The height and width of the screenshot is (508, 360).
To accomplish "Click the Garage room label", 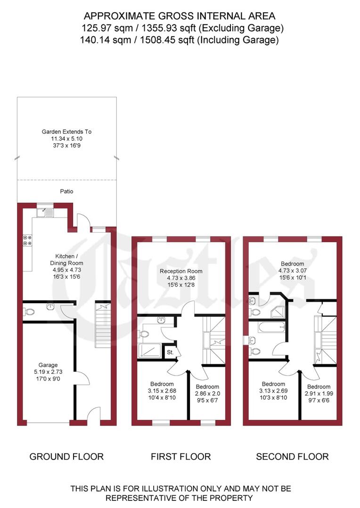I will [48, 365].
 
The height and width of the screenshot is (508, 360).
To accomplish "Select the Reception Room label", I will [181, 271].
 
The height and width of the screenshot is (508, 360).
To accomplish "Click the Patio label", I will [66, 192].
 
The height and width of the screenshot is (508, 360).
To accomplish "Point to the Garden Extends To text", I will [66, 132].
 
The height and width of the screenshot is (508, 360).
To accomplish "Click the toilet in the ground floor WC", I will [29, 311].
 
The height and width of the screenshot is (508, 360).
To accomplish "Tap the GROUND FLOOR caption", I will [66, 456].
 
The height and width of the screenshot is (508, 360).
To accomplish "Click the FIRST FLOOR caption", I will [180, 456].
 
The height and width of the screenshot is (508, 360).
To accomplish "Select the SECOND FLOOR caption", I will [292, 456].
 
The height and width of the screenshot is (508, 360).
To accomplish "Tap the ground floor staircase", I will [102, 325].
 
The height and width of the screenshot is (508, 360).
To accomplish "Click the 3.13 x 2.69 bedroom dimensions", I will [273, 391].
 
